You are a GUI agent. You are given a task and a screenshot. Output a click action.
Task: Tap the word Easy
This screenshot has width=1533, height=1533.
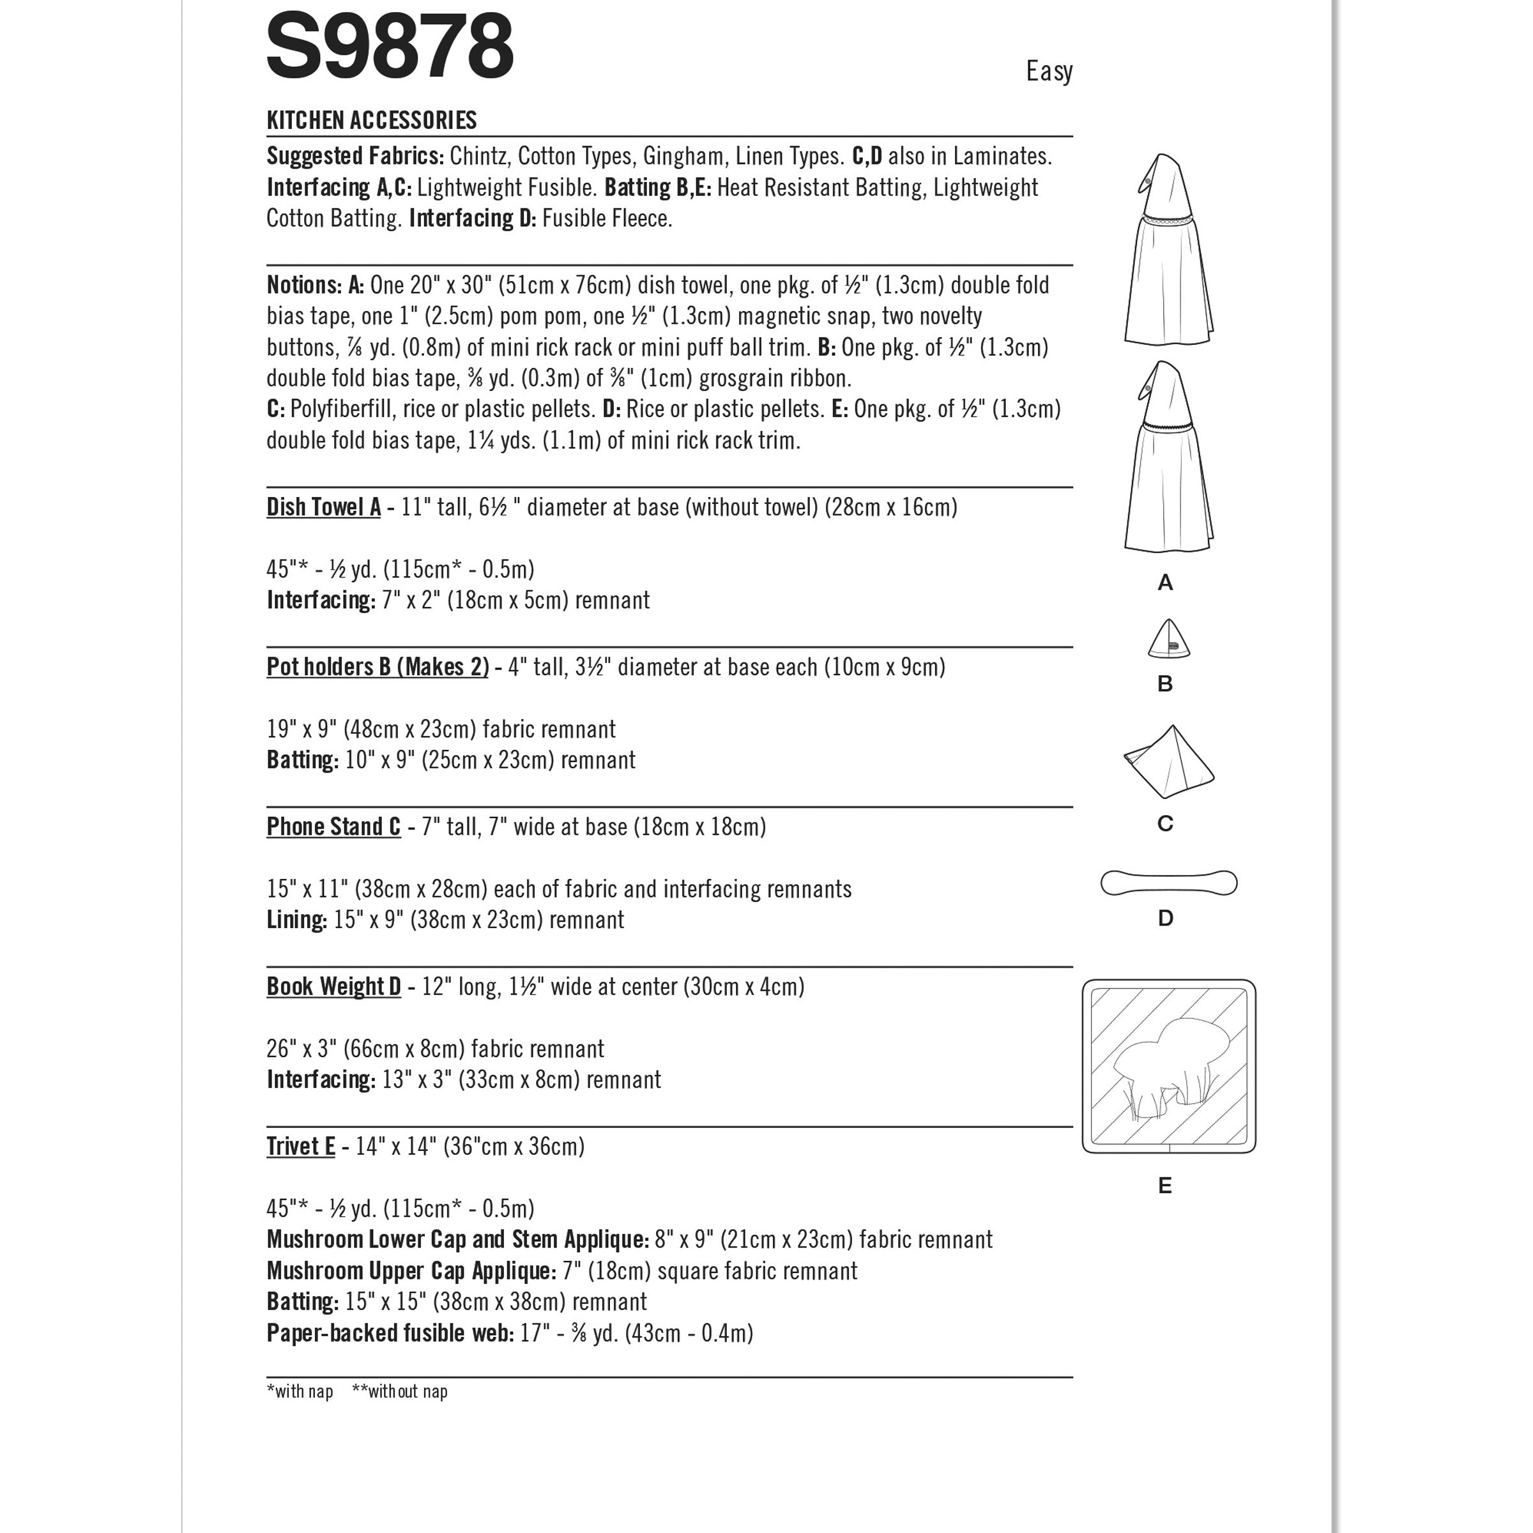(x=1048, y=72)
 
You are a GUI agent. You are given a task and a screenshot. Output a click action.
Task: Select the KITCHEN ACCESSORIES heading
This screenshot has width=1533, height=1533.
(x=371, y=121)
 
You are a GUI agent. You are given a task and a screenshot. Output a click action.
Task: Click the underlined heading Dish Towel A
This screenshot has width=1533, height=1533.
(x=324, y=507)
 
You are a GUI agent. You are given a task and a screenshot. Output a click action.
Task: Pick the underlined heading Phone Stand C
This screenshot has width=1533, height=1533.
(x=333, y=827)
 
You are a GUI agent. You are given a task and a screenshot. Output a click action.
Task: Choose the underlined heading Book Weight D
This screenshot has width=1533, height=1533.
(x=333, y=986)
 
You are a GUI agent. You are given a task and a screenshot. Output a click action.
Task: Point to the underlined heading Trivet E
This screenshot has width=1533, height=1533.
(x=301, y=1147)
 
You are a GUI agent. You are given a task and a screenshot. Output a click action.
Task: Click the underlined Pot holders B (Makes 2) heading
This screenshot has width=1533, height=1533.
(x=378, y=667)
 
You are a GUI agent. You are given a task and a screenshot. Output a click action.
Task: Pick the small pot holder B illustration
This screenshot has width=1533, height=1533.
(x=1168, y=639)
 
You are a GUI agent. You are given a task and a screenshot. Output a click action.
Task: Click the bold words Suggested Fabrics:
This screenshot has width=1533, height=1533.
(x=355, y=156)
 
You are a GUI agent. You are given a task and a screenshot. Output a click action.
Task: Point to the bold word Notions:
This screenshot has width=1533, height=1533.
(x=304, y=285)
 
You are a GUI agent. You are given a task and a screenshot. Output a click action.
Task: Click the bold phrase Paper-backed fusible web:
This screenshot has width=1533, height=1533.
(x=390, y=1333)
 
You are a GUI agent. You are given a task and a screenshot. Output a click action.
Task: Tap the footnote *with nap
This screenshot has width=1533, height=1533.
(x=300, y=1391)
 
